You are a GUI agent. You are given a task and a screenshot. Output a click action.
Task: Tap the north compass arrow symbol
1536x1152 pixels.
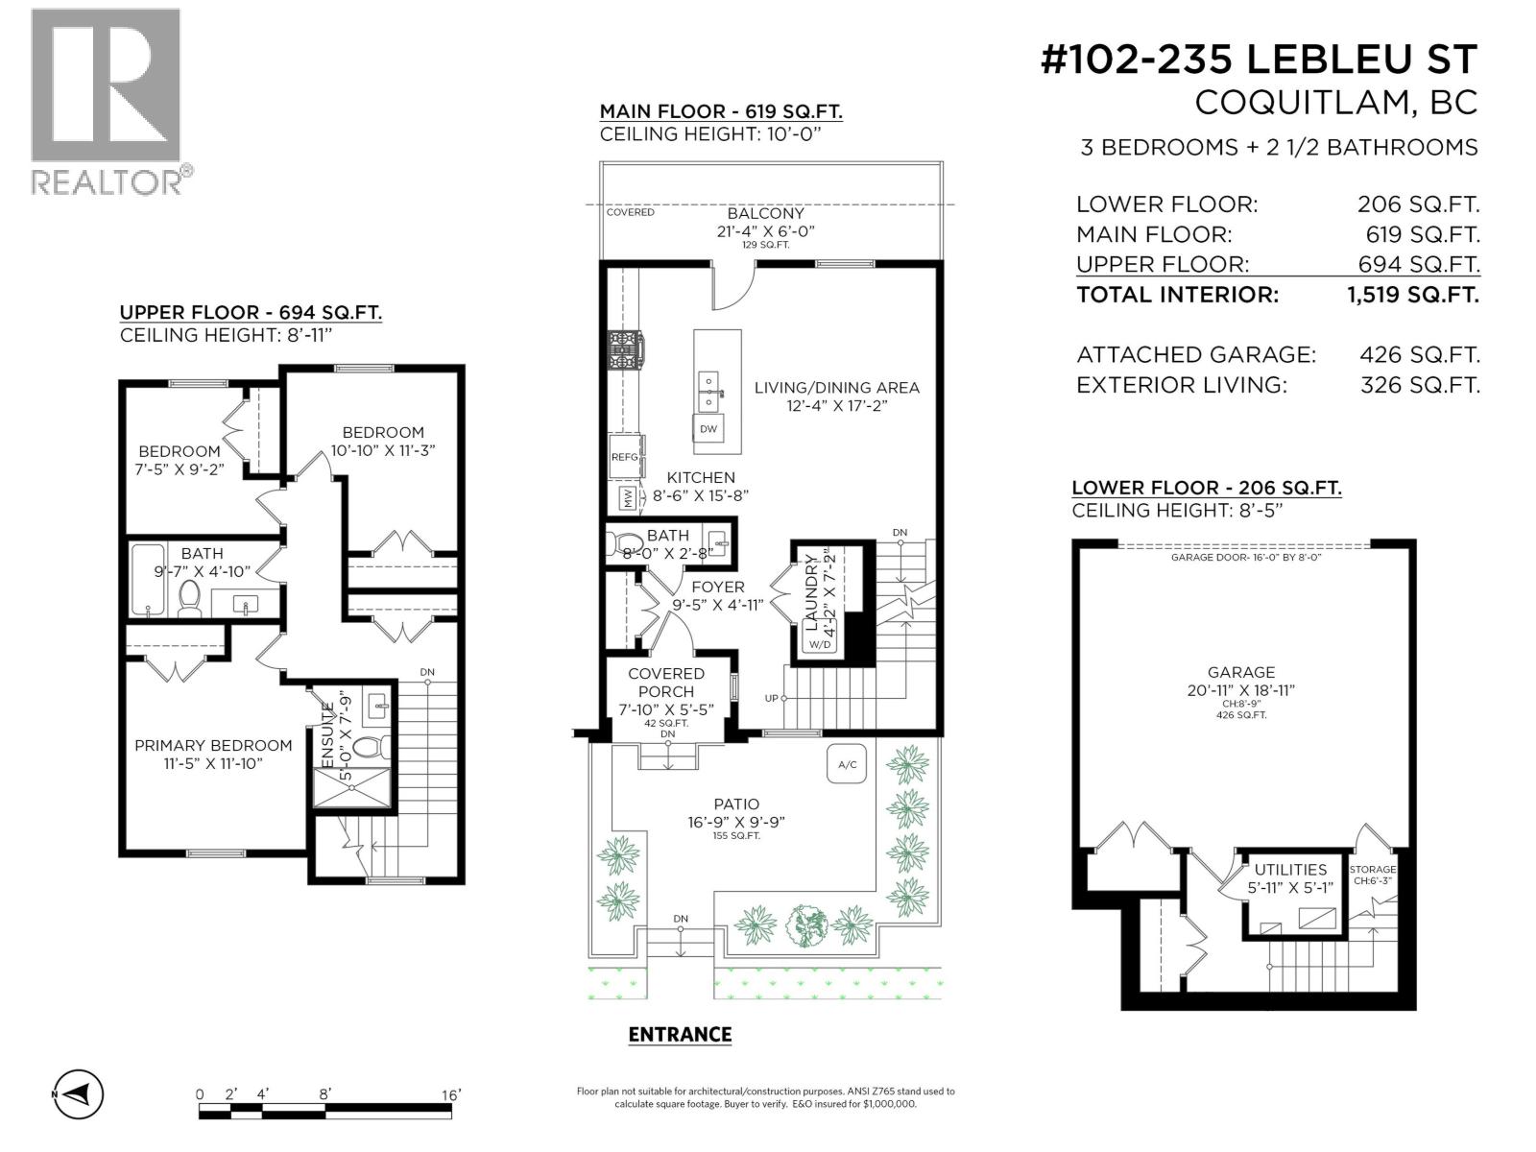pos(79,1092)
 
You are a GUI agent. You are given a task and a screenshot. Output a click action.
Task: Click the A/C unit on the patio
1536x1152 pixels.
pos(847,764)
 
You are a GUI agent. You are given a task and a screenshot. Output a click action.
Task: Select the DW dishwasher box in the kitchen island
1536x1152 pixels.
pos(708,429)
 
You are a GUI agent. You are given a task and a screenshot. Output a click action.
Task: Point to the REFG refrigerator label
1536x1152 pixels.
pos(624,457)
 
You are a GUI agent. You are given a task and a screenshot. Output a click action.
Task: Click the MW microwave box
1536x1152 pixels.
pos(628,498)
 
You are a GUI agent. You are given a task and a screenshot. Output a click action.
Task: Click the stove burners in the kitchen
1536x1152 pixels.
pos(624,350)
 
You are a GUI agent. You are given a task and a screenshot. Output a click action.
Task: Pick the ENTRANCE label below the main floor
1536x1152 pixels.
pos(680,1035)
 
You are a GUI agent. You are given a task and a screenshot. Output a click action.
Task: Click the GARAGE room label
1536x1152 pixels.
pos(1240,672)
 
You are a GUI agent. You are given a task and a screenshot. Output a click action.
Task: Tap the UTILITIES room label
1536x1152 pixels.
pos(1290,870)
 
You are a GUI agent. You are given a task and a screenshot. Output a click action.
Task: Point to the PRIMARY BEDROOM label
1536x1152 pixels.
pos(213,746)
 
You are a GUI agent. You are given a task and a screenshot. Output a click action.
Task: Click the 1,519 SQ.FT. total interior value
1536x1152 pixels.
pos(1413,295)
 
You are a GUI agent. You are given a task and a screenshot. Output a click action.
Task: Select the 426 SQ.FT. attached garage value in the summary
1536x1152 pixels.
pos(1420,354)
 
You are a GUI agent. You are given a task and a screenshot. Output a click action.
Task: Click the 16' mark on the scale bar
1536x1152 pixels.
pos(451,1094)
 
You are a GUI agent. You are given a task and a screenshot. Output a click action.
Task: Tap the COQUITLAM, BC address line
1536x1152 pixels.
pos(1336,103)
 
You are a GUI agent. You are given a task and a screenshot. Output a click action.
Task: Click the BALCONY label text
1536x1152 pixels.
pos(765,213)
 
